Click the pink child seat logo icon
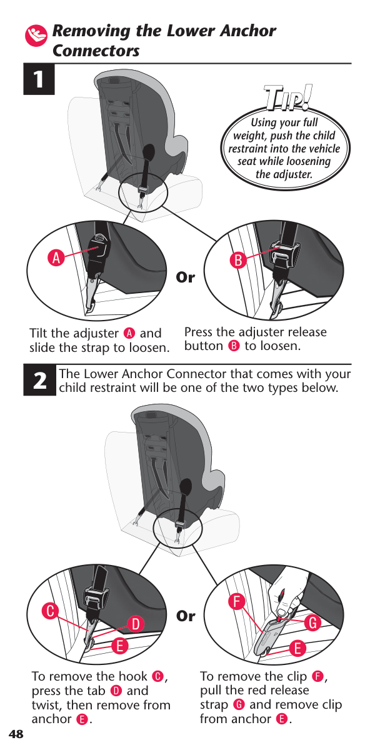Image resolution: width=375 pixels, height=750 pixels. point(36,36)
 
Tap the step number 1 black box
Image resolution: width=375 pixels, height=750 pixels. point(39,79)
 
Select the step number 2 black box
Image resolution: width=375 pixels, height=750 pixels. point(39,381)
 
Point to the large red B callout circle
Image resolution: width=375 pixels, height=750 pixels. point(238,260)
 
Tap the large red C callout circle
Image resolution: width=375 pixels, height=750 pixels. point(50,611)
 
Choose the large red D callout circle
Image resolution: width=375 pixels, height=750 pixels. point(136,624)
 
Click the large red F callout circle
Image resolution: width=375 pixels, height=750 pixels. point(237,602)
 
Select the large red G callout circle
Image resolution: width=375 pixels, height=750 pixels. point(312,622)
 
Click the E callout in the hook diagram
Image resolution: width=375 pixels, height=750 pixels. point(119,646)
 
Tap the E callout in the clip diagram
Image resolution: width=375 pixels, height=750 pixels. point(297,648)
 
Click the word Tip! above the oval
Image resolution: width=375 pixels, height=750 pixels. point(287,97)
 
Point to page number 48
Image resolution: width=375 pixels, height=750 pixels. point(16,734)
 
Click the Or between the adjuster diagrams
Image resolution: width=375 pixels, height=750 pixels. point(185,277)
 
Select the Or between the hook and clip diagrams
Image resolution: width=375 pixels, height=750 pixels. point(186,616)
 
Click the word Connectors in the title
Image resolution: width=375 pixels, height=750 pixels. point(96,51)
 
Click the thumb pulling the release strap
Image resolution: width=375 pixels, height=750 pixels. point(282,611)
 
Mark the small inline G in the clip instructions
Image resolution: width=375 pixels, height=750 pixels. point(239,705)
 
